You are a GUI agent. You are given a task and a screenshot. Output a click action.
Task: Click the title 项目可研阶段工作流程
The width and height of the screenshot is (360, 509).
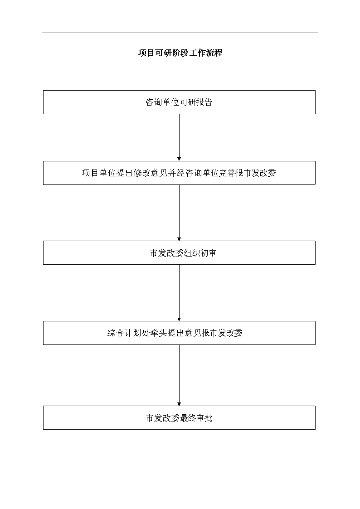tap(180, 53)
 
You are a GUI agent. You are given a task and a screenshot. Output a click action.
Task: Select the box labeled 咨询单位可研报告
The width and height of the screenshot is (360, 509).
tap(179, 102)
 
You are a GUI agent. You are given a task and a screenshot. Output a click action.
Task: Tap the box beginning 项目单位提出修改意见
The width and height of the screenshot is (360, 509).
tap(179, 173)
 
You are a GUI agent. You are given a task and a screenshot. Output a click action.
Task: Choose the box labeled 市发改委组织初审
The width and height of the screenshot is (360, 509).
tap(179, 253)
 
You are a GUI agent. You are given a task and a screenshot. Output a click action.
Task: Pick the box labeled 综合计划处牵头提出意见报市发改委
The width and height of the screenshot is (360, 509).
tap(179, 333)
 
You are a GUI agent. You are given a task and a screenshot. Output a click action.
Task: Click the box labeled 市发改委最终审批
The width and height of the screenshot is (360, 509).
tap(179, 418)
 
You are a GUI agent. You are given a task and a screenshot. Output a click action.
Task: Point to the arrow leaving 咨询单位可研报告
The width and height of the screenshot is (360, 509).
tap(179, 138)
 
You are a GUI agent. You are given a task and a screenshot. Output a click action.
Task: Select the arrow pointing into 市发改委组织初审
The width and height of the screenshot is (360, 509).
tap(179, 213)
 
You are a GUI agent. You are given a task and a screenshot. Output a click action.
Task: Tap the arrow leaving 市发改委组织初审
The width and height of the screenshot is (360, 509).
tap(179, 293)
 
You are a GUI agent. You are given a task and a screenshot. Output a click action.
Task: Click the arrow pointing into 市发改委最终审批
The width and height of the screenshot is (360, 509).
tap(179, 375)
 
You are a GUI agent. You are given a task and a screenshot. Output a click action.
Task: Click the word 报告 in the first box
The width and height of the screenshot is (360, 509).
tap(204, 102)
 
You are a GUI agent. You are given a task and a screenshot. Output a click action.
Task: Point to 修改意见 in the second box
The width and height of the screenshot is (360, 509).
tap(150, 173)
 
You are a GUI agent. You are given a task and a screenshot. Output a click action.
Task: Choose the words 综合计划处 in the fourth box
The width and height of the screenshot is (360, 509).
tap(128, 333)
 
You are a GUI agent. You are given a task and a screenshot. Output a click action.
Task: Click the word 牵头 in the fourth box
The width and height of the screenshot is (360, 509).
tap(159, 333)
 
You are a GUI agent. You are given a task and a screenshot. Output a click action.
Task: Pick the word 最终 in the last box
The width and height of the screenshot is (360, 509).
tap(188, 418)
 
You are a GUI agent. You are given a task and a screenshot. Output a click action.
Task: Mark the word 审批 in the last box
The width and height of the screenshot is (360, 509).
tap(204, 418)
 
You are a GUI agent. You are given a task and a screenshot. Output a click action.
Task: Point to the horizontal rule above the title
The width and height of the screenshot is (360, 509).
tap(180, 33)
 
